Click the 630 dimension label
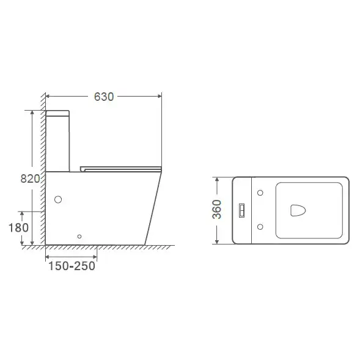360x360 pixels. [x=104, y=97]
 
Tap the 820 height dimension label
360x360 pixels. [x=30, y=178]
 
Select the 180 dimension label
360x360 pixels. [x=18, y=228]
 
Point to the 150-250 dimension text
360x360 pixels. [x=72, y=266]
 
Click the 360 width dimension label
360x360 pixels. [x=217, y=209]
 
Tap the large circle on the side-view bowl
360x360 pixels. [x=58, y=199]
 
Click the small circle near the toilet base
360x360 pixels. [x=79, y=237]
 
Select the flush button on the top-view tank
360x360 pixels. [x=241, y=210]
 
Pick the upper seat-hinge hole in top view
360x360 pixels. [x=260, y=193]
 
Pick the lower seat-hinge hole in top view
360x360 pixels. [x=260, y=227]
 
